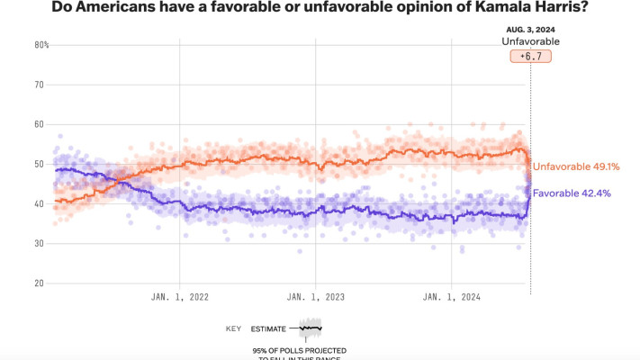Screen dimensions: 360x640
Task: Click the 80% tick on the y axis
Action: click(x=41, y=45)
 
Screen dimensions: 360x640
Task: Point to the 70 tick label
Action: click(x=40, y=85)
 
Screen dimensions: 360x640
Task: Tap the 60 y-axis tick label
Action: click(x=40, y=124)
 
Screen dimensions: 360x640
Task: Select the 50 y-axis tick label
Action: click(x=40, y=164)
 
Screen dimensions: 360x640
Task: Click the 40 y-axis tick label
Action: click(x=40, y=203)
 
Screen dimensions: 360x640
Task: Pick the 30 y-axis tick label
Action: click(x=40, y=243)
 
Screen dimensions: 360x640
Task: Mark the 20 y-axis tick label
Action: click(x=40, y=283)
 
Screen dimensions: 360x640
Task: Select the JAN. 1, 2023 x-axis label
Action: click(x=315, y=296)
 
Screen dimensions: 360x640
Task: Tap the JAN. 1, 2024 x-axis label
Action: click(x=449, y=296)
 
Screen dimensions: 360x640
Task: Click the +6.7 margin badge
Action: click(x=530, y=56)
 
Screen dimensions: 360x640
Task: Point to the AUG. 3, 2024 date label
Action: click(x=530, y=29)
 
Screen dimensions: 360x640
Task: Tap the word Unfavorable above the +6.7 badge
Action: click(x=530, y=41)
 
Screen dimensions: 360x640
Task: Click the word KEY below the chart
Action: click(x=233, y=329)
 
